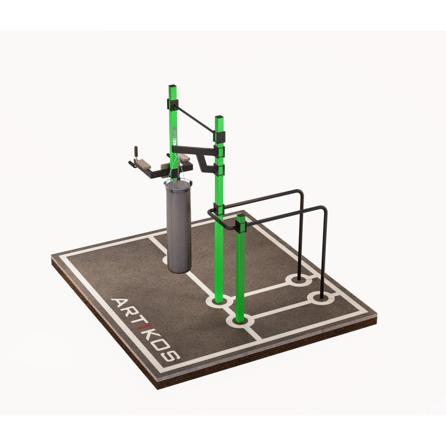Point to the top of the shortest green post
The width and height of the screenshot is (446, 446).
pos(241,216)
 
